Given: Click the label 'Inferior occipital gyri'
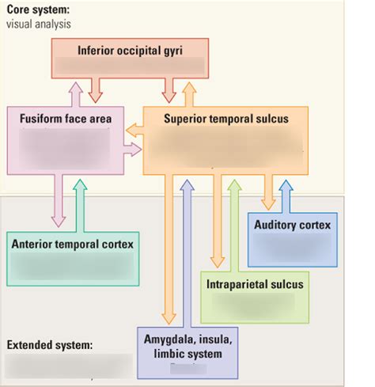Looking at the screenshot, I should (130, 51).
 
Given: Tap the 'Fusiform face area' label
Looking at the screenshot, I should (66, 119).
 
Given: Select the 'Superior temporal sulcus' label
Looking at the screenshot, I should (225, 119).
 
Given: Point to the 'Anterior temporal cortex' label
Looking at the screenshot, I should (72, 244).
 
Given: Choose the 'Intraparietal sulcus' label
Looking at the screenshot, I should (254, 284).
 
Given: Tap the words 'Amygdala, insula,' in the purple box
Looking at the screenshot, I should (187, 339).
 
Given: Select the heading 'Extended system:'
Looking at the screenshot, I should (48, 345).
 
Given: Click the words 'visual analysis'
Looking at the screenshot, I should (39, 24).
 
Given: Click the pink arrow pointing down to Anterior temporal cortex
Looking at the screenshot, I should (58, 201).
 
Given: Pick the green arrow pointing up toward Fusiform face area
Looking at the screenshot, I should (79, 201).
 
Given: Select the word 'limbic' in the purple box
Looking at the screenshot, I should (161, 352).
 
